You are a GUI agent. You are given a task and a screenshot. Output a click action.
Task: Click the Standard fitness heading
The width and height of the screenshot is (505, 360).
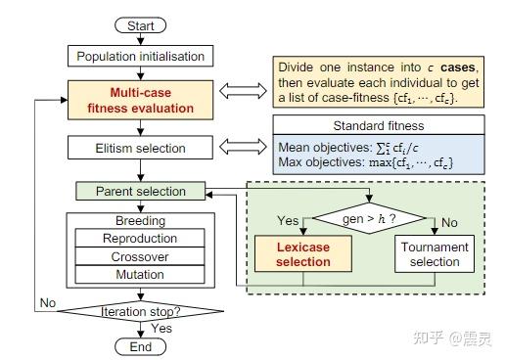[x=378, y=127]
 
